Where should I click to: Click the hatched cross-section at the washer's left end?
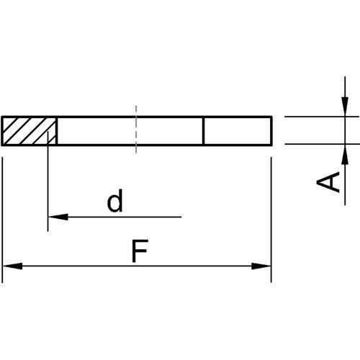(x=30, y=130)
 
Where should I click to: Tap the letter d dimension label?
(x=114, y=202)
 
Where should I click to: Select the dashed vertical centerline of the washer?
(x=135, y=130)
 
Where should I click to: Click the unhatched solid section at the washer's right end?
(x=237, y=130)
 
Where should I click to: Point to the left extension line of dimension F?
(x=3, y=216)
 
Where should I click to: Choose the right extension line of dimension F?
(x=271, y=216)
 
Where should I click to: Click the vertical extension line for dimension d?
(x=48, y=187)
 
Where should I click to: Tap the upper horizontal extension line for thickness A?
(x=317, y=116)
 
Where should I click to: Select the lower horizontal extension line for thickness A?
(x=317, y=144)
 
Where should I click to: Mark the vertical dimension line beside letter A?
(x=346, y=173)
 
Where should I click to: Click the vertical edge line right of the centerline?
(x=204, y=130)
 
